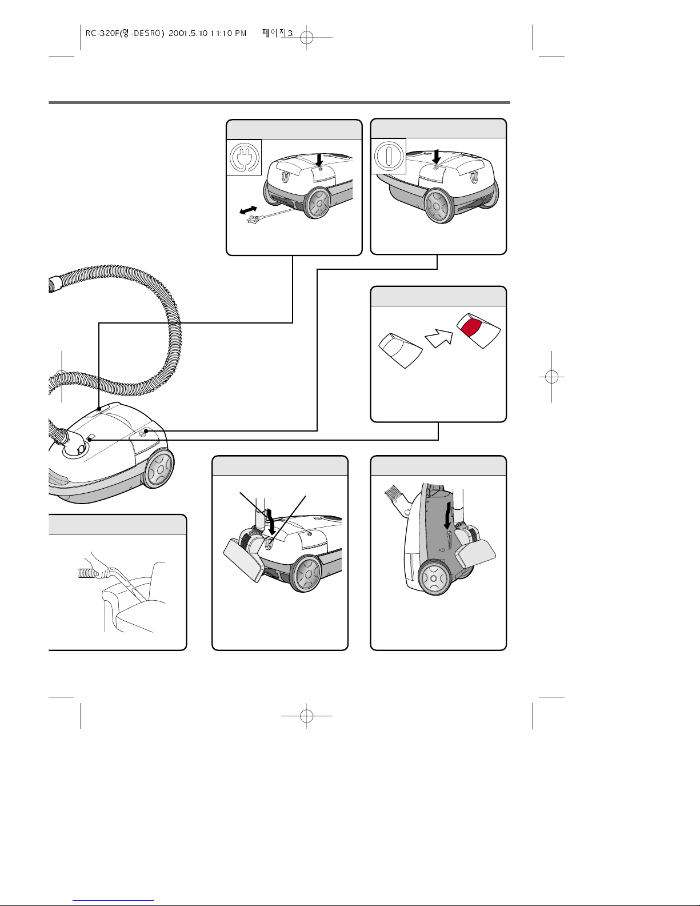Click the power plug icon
tap(245, 157)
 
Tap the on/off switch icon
tap(389, 156)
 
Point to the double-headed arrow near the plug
tap(249, 210)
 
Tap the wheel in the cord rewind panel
tap(318, 203)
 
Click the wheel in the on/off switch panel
tap(439, 206)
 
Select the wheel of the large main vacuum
tap(159, 469)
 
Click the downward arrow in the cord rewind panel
tap(319, 160)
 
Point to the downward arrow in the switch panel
tap(436, 157)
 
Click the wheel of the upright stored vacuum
tap(434, 578)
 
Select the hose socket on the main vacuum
tap(75, 450)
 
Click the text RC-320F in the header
tap(102, 33)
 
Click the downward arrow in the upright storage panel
tap(447, 516)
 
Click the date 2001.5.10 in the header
tap(188, 33)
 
